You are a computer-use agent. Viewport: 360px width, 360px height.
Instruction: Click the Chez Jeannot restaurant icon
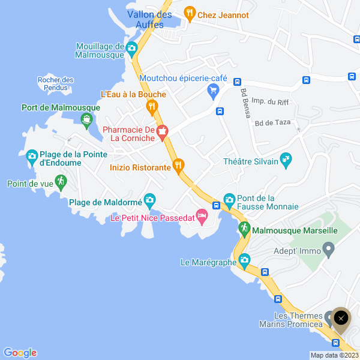pyautogui.click(x=190, y=12)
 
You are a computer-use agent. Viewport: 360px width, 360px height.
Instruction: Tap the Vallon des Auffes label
pyautogui.click(x=149, y=19)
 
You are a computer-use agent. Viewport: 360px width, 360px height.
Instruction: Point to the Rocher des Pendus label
pyautogui.click(x=55, y=83)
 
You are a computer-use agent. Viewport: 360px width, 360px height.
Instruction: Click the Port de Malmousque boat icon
pyautogui.click(x=87, y=120)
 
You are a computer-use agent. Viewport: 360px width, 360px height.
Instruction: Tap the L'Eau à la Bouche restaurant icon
pyautogui.click(x=152, y=107)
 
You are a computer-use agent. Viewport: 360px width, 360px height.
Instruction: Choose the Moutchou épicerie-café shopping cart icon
pyautogui.click(x=212, y=91)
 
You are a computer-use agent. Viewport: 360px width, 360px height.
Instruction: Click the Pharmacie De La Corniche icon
pyautogui.click(x=161, y=131)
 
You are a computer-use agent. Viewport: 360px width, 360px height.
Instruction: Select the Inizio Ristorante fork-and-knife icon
pyautogui.click(x=178, y=166)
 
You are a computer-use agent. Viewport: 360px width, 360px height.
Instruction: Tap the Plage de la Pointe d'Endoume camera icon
pyautogui.click(x=32, y=158)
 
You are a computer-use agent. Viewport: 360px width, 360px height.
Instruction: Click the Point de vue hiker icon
pyautogui.click(x=60, y=181)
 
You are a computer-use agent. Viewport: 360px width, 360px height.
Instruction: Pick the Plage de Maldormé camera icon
pyautogui.click(x=149, y=200)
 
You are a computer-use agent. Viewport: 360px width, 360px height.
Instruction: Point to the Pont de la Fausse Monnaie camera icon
pyautogui.click(x=229, y=200)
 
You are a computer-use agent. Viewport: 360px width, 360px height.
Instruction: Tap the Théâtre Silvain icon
pyautogui.click(x=286, y=160)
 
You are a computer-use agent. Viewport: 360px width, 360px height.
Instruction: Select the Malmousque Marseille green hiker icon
pyautogui.click(x=244, y=228)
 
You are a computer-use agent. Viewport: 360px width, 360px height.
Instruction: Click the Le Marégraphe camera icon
pyautogui.click(x=244, y=260)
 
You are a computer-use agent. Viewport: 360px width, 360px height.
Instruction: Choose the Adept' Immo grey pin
pyautogui.click(x=328, y=248)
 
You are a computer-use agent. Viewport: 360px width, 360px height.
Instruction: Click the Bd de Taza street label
pyautogui.click(x=272, y=122)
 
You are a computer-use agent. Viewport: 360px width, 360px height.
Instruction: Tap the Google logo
pyautogui.click(x=20, y=353)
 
